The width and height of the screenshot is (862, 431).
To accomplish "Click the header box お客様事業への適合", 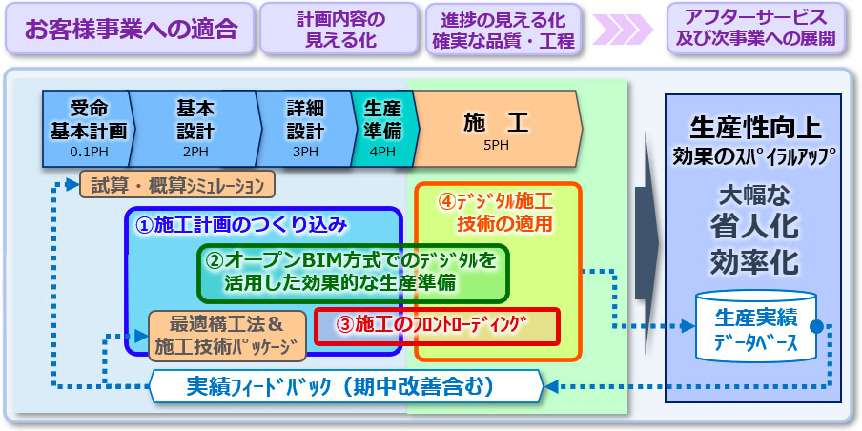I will click(132, 29).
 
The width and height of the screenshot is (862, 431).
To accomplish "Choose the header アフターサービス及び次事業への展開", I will click(754, 29).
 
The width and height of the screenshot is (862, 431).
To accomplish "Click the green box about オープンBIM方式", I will click(353, 271).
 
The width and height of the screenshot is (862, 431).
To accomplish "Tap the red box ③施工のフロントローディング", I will click(436, 326).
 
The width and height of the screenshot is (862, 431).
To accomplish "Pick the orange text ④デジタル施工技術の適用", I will click(496, 212).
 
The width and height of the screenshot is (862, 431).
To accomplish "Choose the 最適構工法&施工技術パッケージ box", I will click(227, 334).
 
